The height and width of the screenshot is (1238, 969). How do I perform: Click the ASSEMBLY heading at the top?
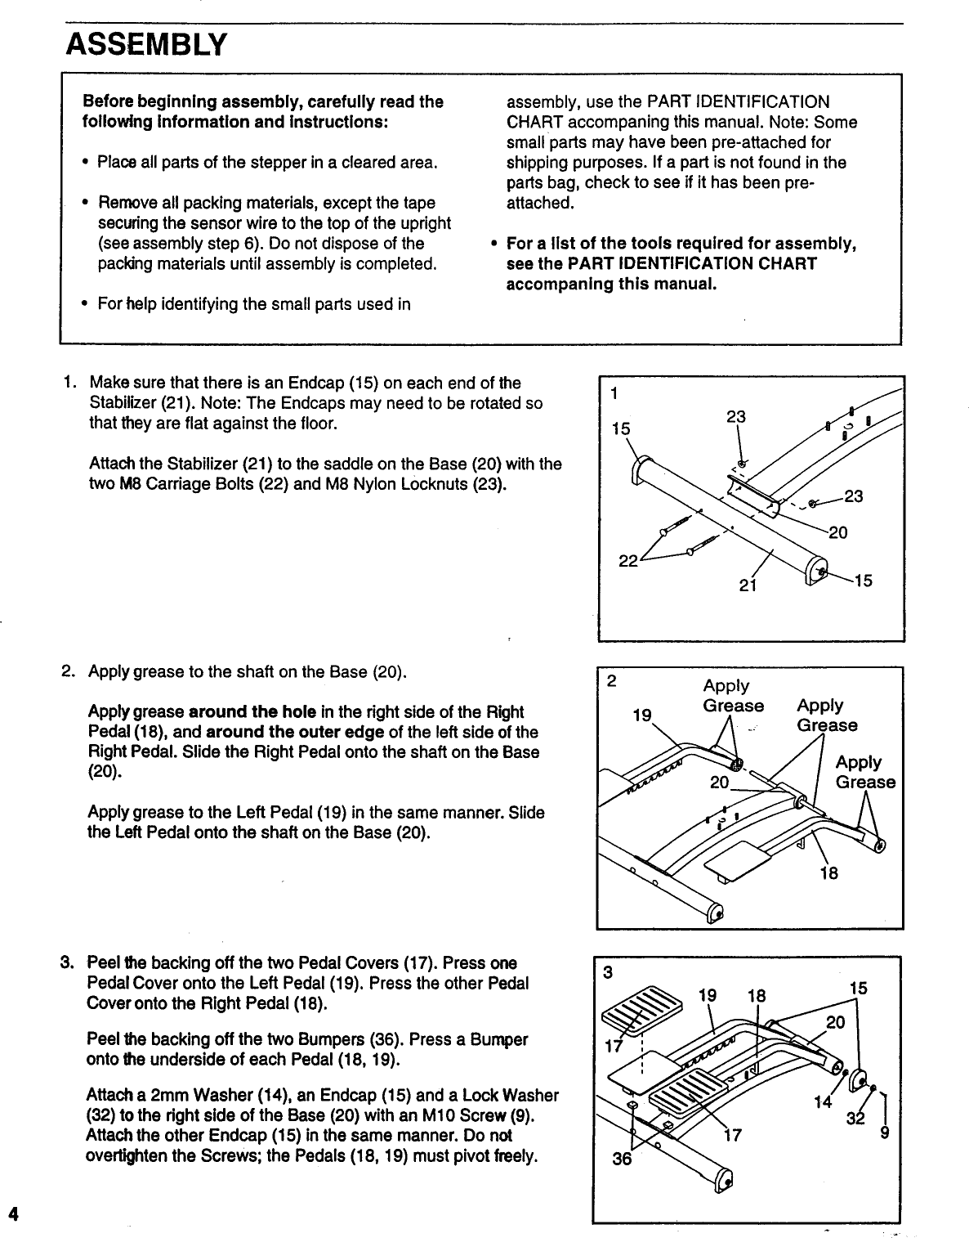pyautogui.click(x=145, y=43)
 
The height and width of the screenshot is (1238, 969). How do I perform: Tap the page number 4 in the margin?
pyautogui.click(x=12, y=1213)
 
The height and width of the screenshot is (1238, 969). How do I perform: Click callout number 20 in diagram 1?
pyautogui.click(x=837, y=533)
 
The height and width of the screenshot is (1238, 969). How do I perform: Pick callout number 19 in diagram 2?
pyautogui.click(x=642, y=715)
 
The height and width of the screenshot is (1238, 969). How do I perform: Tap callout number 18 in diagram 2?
pyautogui.click(x=828, y=873)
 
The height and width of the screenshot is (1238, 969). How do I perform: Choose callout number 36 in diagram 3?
pyautogui.click(x=622, y=1160)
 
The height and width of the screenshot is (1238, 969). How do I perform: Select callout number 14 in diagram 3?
pyautogui.click(x=823, y=1101)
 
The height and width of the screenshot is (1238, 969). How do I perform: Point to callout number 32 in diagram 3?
pyautogui.click(x=855, y=1119)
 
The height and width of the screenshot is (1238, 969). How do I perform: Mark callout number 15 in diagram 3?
pyautogui.click(x=858, y=989)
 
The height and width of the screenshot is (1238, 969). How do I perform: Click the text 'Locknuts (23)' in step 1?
pyautogui.click(x=457, y=484)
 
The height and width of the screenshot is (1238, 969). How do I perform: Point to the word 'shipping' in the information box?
pyautogui.click(x=538, y=163)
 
